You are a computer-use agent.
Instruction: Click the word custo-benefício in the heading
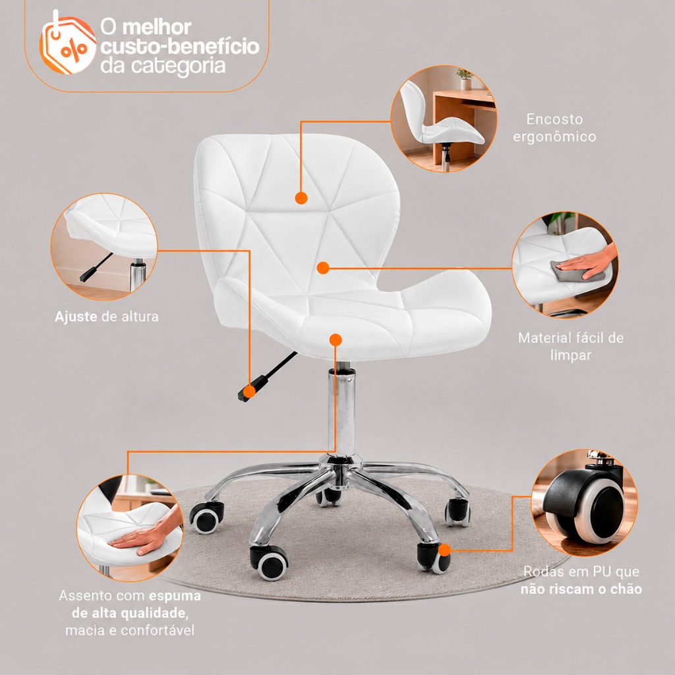point(180,47)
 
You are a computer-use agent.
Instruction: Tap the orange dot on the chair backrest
point(301,198)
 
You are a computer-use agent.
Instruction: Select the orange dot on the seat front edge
point(336,340)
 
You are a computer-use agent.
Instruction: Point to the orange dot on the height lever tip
point(249,392)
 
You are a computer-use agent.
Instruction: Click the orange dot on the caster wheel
point(445,550)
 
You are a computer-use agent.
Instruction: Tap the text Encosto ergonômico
point(554,128)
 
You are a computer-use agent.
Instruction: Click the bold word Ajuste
point(76,316)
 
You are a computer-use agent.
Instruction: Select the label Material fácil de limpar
point(571,346)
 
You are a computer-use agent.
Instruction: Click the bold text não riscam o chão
point(581,589)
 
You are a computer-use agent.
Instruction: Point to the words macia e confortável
point(130,630)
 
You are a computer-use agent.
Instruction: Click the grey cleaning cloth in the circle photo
point(569,271)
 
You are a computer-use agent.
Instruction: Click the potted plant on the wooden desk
point(465,79)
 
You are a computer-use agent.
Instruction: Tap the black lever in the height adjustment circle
point(96,268)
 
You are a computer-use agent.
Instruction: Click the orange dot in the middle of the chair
point(323,268)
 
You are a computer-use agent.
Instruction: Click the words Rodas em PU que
point(581,572)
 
